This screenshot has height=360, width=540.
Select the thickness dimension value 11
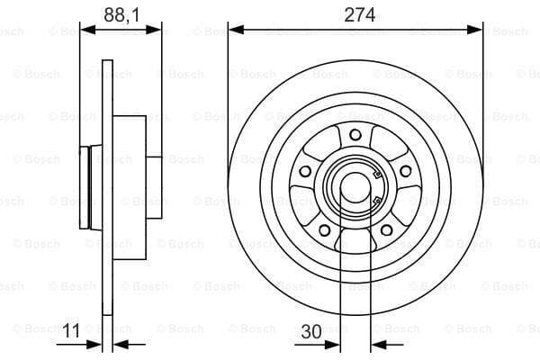point(72,331)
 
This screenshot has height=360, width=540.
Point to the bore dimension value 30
point(311,331)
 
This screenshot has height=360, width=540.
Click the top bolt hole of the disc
point(355,135)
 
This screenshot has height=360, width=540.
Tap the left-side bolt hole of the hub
point(305,171)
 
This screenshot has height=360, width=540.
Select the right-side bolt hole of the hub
point(406,171)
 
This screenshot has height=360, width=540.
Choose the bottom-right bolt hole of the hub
point(386,230)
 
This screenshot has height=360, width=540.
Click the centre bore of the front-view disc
point(355,187)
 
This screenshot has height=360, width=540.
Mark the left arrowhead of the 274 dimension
point(235,30)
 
